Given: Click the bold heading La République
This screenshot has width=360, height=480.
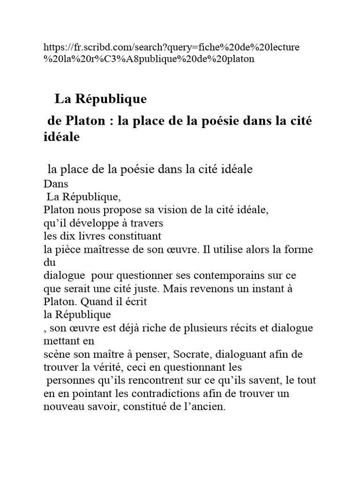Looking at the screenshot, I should pos(101,99).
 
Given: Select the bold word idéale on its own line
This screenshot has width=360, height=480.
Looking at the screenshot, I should pos(62,137).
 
